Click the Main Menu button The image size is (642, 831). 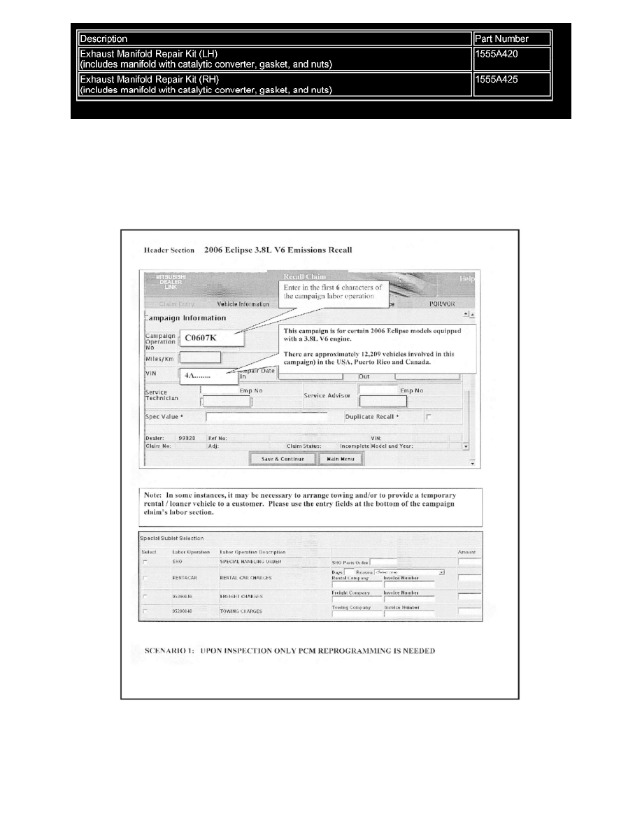coord(341,459)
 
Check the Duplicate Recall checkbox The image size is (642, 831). coord(429,417)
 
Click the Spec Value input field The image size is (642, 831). coord(266,417)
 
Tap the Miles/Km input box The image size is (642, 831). coord(200,357)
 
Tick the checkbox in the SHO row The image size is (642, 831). coord(145,562)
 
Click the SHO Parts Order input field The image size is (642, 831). coord(383,561)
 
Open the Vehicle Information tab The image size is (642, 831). coord(243,304)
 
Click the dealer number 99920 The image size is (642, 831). coord(187,438)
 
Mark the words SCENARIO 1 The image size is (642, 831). coord(166,651)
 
